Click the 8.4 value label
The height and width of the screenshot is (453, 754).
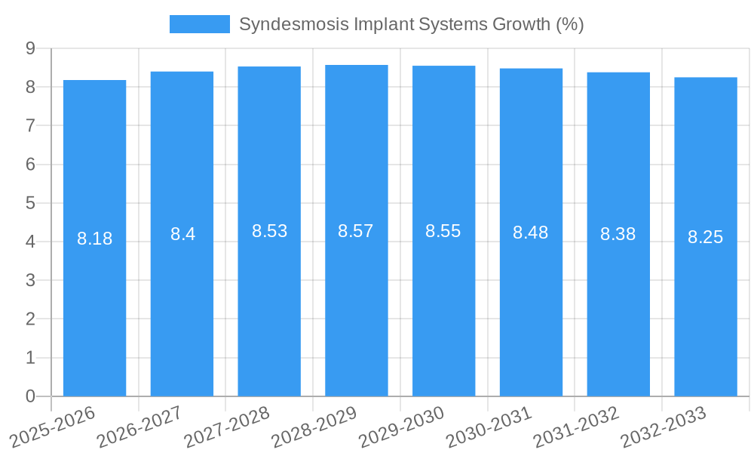pos(182,234)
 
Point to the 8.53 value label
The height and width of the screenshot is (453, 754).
pos(269,231)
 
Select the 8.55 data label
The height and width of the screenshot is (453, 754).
pos(443,231)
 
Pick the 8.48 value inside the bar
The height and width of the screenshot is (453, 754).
pos(531,233)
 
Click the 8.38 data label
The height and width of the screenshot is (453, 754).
pos(618,234)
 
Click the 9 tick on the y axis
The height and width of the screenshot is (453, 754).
pos(30,48)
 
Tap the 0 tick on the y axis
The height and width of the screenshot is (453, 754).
pos(30,396)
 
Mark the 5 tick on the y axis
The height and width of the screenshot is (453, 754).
pos(30,203)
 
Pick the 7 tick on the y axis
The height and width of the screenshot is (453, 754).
pos(30,125)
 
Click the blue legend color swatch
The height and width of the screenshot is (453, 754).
pos(199,24)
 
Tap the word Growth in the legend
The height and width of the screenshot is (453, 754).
pos(521,24)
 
